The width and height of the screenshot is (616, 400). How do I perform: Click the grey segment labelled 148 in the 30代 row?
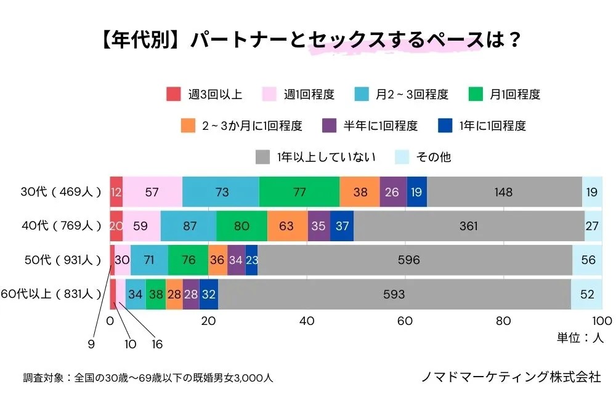[x=504, y=192]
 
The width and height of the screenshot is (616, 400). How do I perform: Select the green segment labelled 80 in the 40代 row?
[x=241, y=226]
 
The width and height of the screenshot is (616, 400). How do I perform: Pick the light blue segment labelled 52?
[x=586, y=294]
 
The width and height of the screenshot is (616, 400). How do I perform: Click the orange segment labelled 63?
[x=287, y=226]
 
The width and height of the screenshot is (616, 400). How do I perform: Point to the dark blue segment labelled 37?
[x=342, y=226]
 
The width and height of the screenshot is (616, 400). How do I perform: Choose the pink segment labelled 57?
[x=152, y=192]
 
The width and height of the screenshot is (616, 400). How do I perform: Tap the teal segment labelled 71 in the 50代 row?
[x=149, y=260]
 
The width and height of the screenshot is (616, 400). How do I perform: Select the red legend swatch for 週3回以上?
[x=174, y=95]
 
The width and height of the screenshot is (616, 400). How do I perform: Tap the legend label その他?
[x=433, y=157]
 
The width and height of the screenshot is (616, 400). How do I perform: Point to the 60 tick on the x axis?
[x=405, y=321]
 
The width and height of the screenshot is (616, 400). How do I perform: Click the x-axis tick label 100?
[x=602, y=321]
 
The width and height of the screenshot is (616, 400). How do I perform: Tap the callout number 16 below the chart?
[x=157, y=345]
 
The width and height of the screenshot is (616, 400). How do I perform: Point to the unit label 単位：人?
[x=581, y=338]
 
